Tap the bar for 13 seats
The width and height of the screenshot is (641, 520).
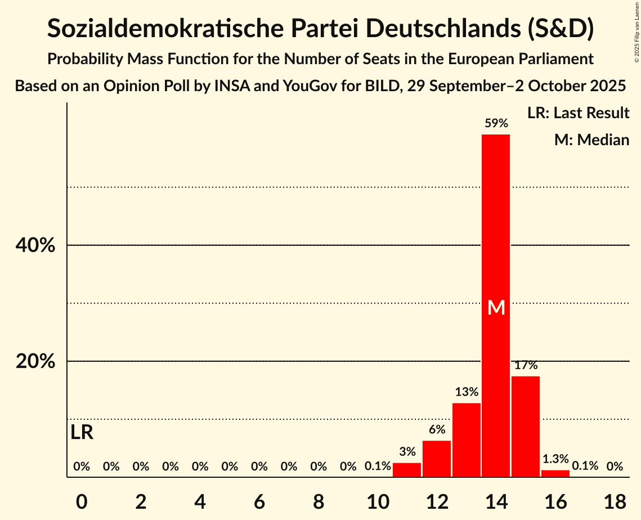click(x=467, y=440)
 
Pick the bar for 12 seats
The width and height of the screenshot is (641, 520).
click(x=437, y=458)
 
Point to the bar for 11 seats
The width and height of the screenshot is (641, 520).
click(x=407, y=469)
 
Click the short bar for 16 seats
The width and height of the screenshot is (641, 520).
click(x=555, y=473)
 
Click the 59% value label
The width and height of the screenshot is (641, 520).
click(x=496, y=123)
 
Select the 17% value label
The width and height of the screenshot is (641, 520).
click(x=526, y=365)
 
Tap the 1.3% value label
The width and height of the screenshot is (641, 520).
click(x=555, y=459)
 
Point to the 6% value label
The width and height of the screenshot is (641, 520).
click(x=437, y=430)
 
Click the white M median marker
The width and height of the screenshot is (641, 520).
click(x=496, y=307)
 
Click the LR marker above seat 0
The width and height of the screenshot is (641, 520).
click(x=82, y=433)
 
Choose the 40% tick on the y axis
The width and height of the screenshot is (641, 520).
click(x=35, y=246)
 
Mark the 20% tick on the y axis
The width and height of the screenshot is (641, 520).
click(x=35, y=361)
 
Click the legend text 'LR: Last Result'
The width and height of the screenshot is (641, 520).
click(x=578, y=113)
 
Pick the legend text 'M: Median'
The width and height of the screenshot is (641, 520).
click(x=591, y=140)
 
